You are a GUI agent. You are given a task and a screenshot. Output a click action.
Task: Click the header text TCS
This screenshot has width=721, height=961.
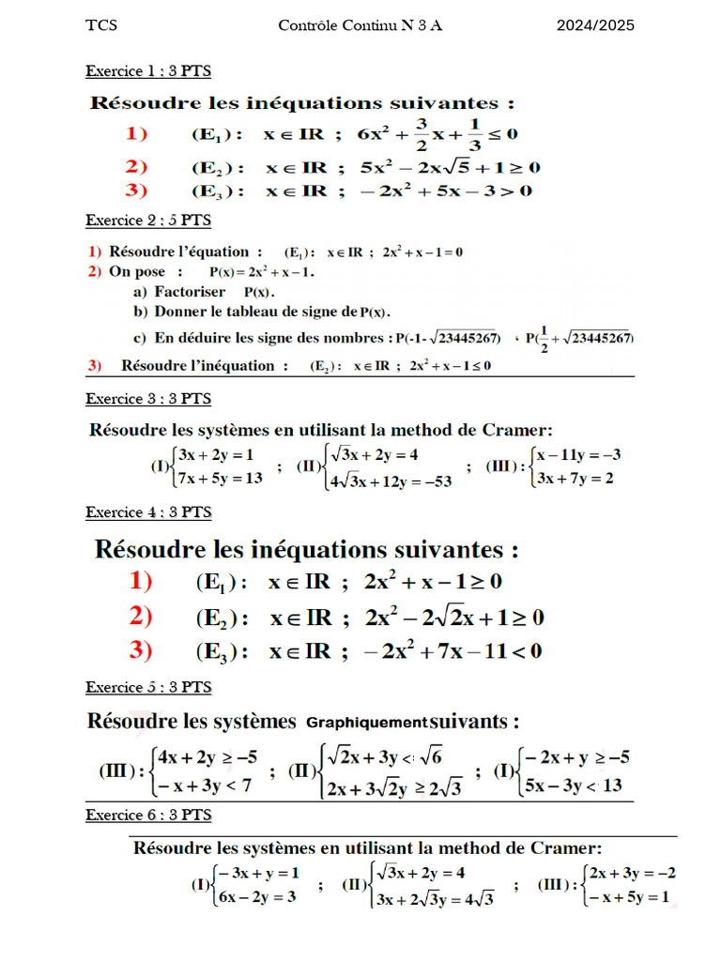pos(101,25)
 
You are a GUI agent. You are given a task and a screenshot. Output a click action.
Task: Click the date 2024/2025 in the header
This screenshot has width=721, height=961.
pos(594,25)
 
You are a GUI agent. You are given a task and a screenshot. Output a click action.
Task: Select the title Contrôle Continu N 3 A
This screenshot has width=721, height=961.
pos(360,25)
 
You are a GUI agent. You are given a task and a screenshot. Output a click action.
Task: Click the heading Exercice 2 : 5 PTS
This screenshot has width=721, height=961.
pos(148,221)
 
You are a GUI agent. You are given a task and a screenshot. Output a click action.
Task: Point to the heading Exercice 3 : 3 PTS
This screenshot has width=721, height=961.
pos(148,398)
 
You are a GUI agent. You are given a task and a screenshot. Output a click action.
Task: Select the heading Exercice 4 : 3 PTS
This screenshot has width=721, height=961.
pos(148,512)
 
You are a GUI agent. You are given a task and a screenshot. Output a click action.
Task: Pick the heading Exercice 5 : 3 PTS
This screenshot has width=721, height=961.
pos(148,687)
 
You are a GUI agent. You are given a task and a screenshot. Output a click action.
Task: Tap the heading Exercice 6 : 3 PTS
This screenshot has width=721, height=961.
pos(148,814)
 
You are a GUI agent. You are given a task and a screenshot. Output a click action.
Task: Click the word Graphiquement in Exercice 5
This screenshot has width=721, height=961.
pos(366,723)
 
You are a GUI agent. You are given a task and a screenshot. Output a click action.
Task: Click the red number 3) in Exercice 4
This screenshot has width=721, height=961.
pos(141,649)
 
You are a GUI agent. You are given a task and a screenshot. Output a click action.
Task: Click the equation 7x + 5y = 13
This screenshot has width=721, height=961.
pos(221,478)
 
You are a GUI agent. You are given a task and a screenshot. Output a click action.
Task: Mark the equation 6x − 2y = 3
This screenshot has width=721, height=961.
pos(258,896)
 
